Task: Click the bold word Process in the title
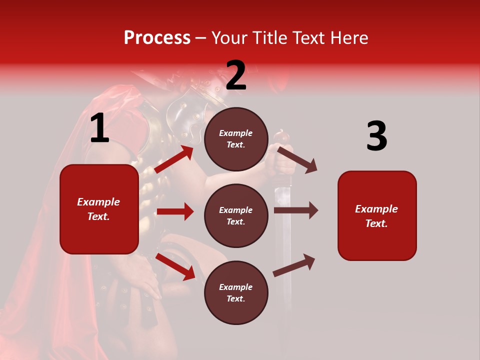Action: click(x=157, y=37)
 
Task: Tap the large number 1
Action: click(x=99, y=128)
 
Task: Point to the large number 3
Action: click(x=376, y=136)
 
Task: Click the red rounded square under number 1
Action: click(x=99, y=209)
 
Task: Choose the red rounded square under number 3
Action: click(x=377, y=215)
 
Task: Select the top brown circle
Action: click(x=236, y=139)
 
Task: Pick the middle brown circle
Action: click(x=236, y=215)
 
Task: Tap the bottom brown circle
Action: click(x=236, y=292)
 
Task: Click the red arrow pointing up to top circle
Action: click(x=174, y=159)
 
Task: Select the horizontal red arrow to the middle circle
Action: click(x=175, y=211)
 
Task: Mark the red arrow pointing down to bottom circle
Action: click(x=175, y=266)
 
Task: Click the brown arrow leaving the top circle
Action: click(x=297, y=159)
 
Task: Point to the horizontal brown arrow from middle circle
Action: click(x=295, y=210)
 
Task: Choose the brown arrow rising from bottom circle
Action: click(x=294, y=265)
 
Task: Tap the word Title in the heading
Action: click(x=269, y=37)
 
